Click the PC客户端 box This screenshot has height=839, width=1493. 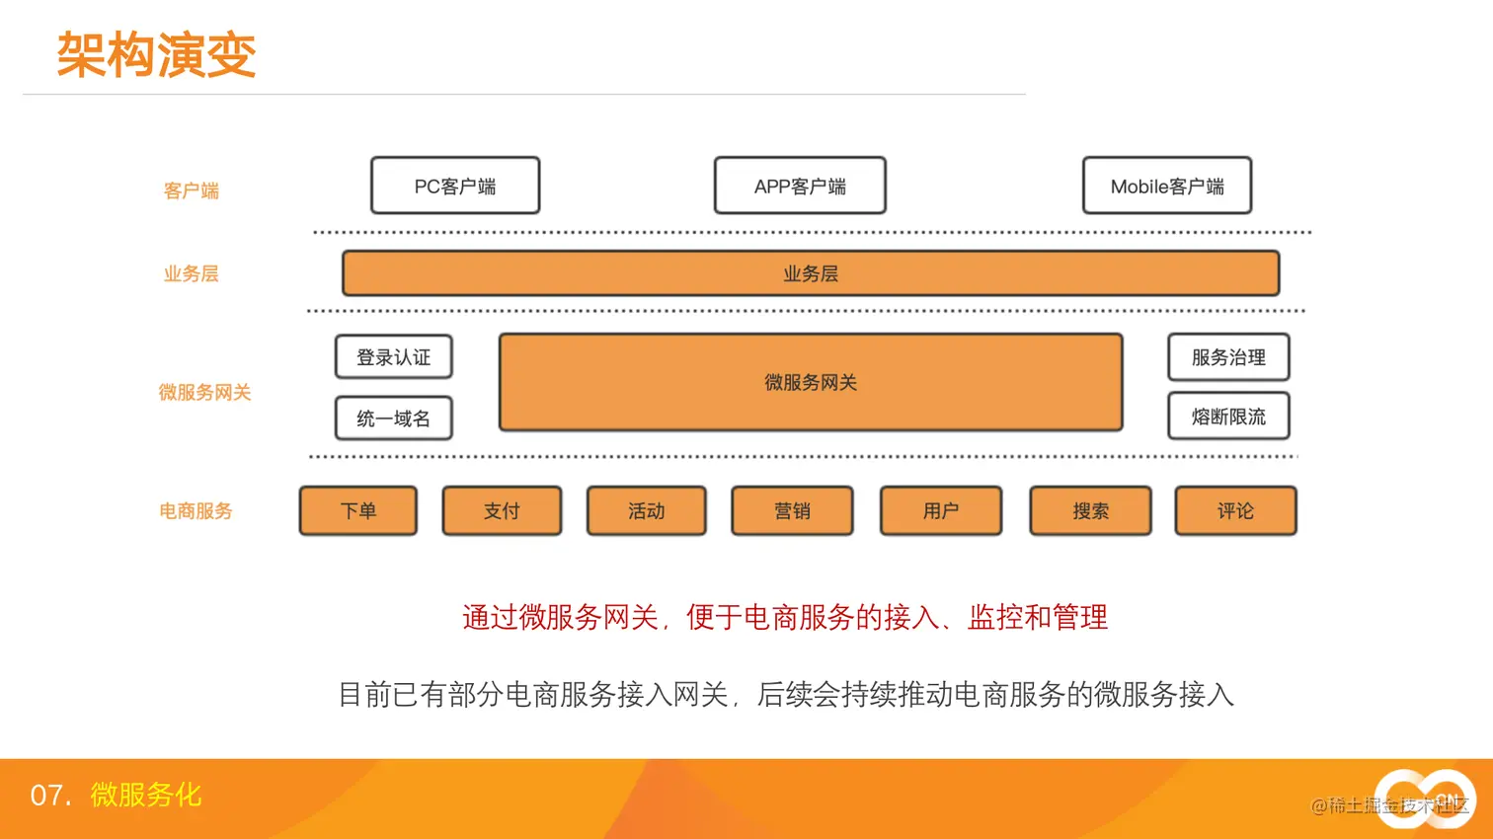455,186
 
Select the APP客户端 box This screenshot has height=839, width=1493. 800,186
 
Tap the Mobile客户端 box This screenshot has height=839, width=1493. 1166,186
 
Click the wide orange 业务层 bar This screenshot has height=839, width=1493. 810,273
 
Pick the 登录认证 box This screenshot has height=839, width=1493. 393,357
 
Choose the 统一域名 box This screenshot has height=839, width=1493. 393,419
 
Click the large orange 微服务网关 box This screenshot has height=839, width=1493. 810,382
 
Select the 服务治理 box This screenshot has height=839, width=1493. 1228,357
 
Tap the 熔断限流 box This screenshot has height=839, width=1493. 1228,417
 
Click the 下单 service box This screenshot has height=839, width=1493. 357,510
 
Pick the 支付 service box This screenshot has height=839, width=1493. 502,510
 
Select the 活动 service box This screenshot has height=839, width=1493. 646,510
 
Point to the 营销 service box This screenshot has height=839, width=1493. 792,510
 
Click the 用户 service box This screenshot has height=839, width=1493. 940,510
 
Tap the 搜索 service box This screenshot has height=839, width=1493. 1090,510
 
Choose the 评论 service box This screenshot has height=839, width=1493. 1235,510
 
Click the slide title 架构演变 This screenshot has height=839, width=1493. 156,54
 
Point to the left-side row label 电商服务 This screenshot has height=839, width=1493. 196,511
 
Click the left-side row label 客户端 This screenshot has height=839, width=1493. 191,191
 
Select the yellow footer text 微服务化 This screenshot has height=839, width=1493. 145,795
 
